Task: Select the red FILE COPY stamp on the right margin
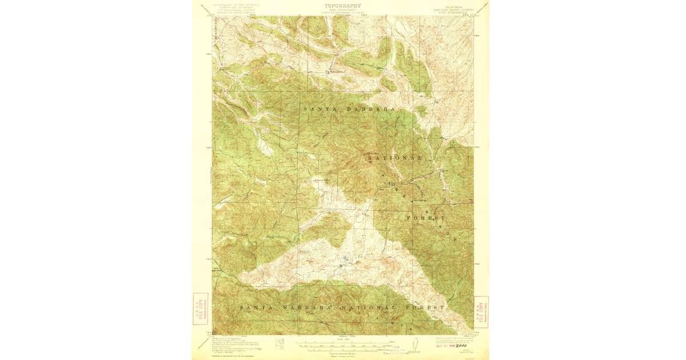482,311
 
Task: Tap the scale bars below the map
342,344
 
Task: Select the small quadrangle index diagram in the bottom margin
280,343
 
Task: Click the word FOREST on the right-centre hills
426,218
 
